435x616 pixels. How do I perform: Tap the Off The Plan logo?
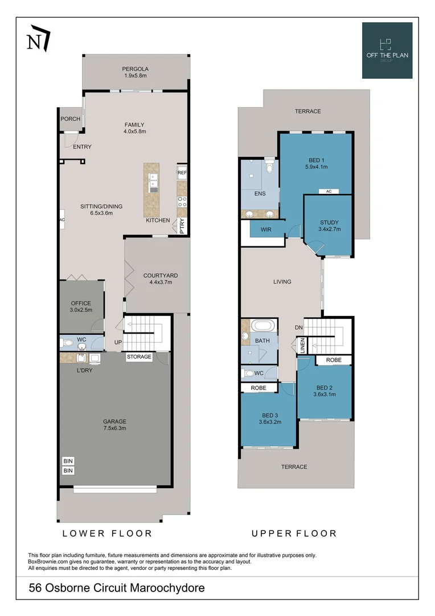point(387,50)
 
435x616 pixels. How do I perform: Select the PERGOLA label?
point(136,71)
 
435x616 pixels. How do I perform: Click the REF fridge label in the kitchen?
point(182,172)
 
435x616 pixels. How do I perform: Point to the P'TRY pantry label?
point(182,226)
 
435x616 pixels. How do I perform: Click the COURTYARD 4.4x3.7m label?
point(160,279)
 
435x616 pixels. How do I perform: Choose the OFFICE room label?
point(81,306)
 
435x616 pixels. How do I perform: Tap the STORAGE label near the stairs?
point(139,357)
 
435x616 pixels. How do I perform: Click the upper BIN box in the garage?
point(68,461)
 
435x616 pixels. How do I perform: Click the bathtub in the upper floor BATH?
point(262,327)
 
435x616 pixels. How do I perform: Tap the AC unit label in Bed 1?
point(329,192)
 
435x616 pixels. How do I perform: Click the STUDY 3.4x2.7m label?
point(329,226)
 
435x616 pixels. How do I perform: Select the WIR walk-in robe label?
point(265,230)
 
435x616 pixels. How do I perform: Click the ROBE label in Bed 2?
point(334,360)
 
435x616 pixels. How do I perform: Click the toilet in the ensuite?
point(270,167)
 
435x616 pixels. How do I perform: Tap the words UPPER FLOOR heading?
point(294,534)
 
